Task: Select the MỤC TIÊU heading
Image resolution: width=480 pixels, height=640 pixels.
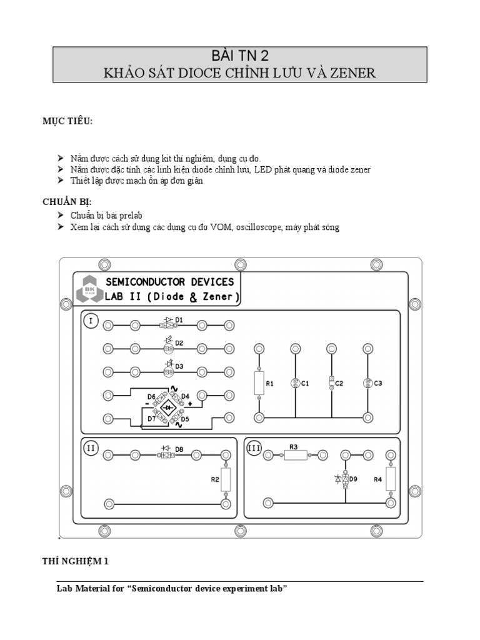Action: (67, 120)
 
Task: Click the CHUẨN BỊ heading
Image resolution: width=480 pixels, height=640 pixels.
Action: (67, 201)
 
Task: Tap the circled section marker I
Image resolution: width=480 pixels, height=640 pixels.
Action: (91, 321)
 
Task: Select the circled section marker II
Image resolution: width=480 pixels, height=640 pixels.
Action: (91, 447)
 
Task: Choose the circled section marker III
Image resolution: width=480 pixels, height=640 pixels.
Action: (254, 447)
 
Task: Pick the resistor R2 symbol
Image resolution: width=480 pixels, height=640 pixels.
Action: (226, 479)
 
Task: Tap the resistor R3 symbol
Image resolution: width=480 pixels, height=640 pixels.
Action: (296, 456)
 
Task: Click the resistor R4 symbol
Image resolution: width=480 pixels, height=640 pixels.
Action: (391, 479)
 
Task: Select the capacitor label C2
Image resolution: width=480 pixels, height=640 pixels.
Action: (339, 383)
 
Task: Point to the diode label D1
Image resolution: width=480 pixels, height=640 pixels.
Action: (179, 319)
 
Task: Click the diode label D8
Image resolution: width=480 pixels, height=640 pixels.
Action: (179, 448)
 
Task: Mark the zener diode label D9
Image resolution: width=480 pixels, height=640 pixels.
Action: (353, 479)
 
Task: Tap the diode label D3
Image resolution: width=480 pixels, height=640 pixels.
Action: (179, 366)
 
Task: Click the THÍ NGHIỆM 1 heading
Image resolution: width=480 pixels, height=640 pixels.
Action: (76, 561)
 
